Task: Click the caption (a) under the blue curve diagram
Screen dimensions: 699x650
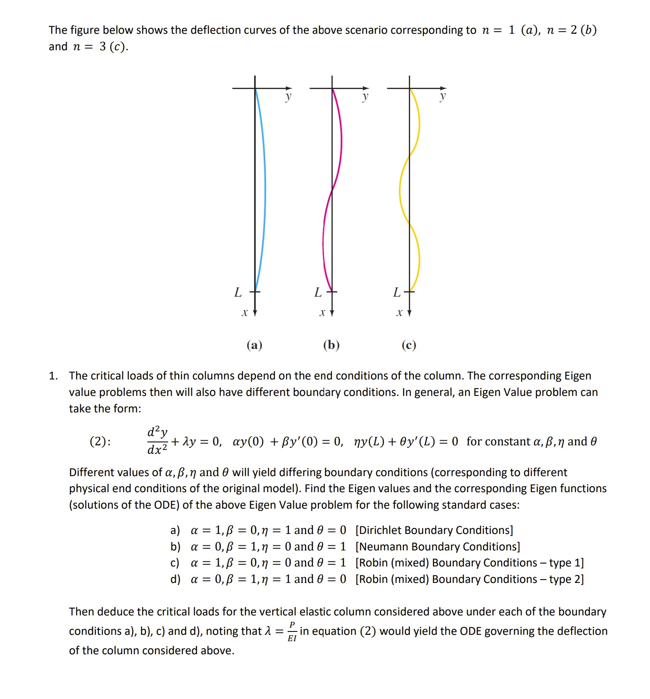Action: (x=254, y=345)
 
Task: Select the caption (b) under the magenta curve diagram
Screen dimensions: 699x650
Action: (x=332, y=345)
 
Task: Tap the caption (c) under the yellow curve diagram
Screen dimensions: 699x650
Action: (x=409, y=345)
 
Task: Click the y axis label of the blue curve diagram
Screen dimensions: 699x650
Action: (x=288, y=97)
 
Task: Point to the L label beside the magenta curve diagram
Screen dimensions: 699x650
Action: (x=318, y=292)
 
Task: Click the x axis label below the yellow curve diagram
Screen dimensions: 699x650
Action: (x=399, y=313)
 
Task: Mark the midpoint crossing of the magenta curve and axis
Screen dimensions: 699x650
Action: (x=332, y=190)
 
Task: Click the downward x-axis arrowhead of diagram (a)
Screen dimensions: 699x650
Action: (x=255, y=313)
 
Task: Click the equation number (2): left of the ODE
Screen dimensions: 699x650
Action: (x=100, y=442)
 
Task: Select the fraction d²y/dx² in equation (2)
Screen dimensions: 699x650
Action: (x=157, y=441)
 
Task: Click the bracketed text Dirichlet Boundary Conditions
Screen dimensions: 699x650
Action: (x=434, y=530)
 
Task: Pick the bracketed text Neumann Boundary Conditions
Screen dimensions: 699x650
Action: (x=438, y=547)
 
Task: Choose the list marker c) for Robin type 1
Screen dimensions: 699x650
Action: (x=175, y=563)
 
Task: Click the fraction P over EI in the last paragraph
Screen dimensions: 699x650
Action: (x=292, y=631)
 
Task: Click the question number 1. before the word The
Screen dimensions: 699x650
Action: (x=53, y=376)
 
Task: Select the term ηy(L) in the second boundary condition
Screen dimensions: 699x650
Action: (x=369, y=442)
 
